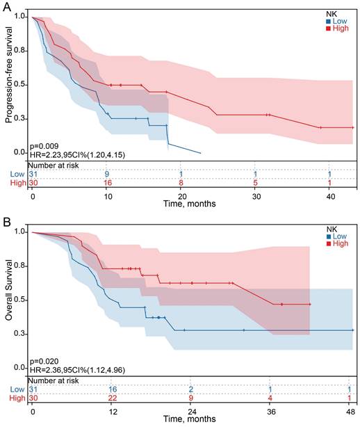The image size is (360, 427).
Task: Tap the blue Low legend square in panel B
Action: pyautogui.click(x=327, y=238)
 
